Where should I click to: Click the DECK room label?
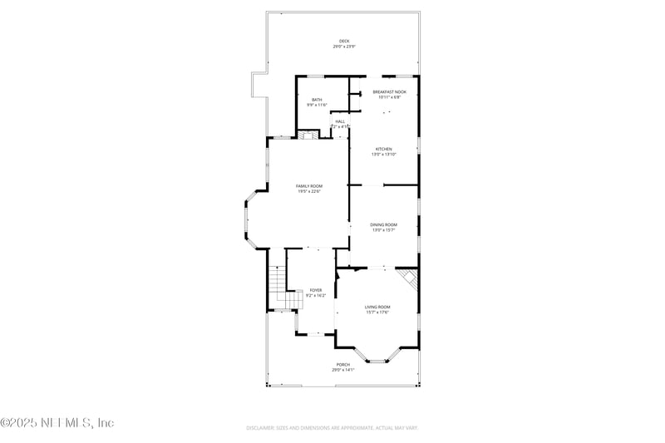pos(344,41)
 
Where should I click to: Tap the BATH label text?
pos(317,100)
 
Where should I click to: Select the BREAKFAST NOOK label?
pos(389,91)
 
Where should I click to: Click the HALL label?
pos(340,121)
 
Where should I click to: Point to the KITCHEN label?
pos(383,149)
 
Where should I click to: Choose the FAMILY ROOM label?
pos(309,186)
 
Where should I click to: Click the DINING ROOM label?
pos(384,224)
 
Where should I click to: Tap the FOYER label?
pos(315,290)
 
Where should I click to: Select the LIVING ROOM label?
pos(377,307)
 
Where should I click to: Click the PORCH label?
pos(342,365)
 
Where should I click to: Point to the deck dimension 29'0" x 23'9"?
pos(344,47)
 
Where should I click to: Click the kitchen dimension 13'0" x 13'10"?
pos(383,155)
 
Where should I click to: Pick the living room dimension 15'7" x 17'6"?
pos(377,313)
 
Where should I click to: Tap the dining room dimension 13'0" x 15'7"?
pos(384,230)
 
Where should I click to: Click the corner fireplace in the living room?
pos(406,278)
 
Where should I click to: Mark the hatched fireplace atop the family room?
pos(308,135)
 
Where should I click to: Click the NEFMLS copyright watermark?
pos(57,423)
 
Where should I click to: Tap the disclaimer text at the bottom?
pos(332,428)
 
